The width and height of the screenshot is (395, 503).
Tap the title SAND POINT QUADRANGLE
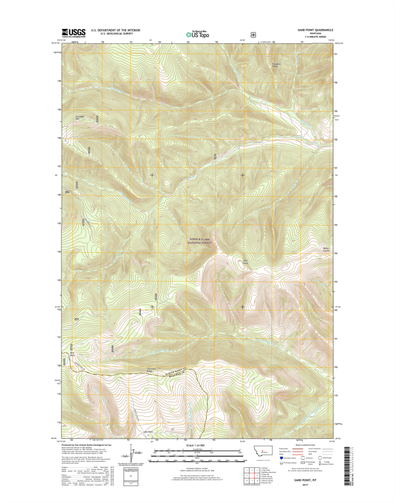pyautogui.click(x=311, y=30)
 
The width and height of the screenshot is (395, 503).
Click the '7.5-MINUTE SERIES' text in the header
pyautogui.click(x=311, y=38)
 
